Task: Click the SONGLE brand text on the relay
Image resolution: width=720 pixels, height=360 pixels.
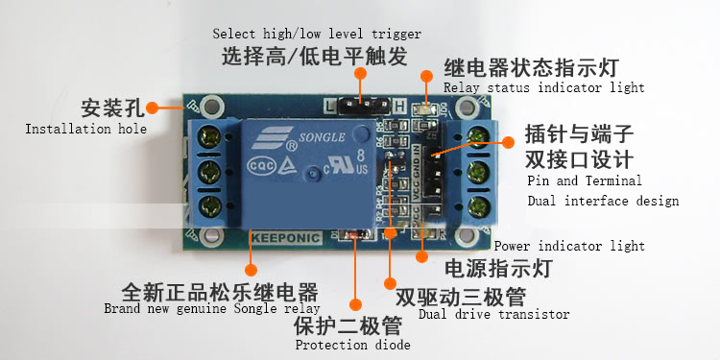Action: [322, 137]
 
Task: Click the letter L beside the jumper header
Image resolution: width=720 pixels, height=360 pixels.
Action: [330, 106]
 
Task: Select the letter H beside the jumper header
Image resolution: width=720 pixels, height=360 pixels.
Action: [400, 106]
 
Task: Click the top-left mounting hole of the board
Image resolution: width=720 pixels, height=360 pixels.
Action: [211, 106]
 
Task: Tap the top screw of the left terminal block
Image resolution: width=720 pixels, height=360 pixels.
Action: [211, 137]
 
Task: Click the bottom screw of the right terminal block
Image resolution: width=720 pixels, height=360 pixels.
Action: [478, 207]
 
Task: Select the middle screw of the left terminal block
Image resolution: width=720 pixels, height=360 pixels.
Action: [211, 173]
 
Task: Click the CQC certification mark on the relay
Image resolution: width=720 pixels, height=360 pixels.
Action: [261, 166]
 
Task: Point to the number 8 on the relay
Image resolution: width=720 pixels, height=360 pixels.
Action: [361, 154]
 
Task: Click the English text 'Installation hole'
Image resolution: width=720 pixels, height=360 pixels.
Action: [85, 129]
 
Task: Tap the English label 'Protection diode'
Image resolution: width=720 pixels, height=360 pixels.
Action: [352, 345]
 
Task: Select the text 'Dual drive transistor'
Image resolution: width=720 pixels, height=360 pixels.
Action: [493, 315]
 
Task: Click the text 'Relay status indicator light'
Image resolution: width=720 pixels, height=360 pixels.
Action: [543, 87]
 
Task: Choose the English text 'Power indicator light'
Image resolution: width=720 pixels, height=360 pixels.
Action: [569, 246]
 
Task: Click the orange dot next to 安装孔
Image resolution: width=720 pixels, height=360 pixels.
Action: [152, 108]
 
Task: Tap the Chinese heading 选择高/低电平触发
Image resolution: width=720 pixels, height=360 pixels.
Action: [315, 57]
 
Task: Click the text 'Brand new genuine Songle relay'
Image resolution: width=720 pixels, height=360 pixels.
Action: [212, 308]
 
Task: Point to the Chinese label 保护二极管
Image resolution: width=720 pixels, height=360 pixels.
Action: [348, 326]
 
